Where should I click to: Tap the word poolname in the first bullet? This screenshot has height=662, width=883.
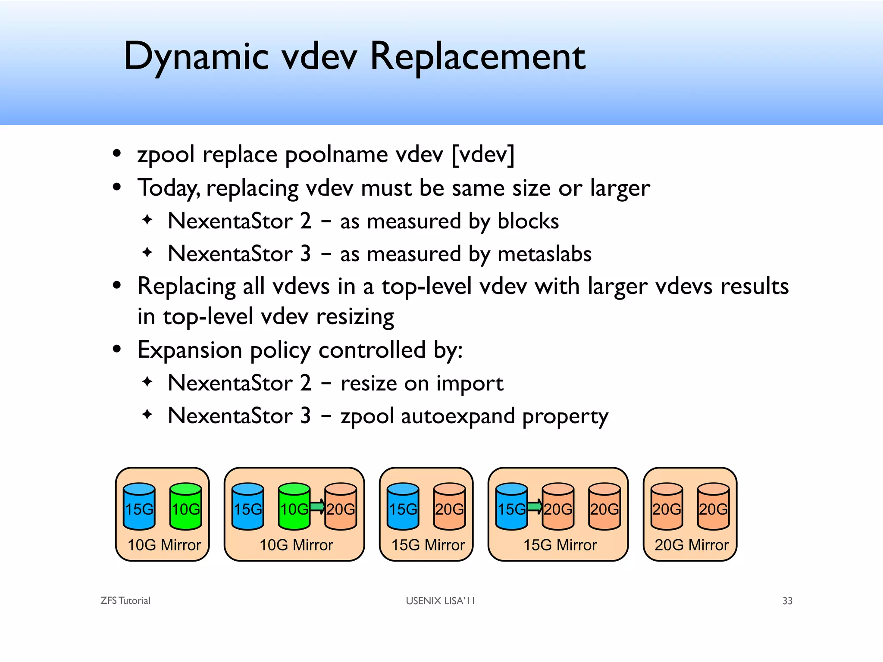pyautogui.click(x=336, y=154)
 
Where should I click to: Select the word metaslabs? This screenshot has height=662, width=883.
pyautogui.click(x=544, y=254)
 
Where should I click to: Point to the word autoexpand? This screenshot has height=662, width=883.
pyautogui.click(x=457, y=416)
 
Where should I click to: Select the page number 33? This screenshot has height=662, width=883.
pyautogui.click(x=787, y=601)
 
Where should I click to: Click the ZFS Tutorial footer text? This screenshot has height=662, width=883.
pyautogui.click(x=125, y=601)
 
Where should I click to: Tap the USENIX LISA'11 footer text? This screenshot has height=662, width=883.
pyautogui.click(x=440, y=601)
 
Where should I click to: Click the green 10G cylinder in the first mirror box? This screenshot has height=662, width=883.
pyautogui.click(x=185, y=507)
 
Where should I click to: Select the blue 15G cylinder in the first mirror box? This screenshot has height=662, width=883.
pyautogui.click(x=139, y=507)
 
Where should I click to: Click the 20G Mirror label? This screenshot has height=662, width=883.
pyautogui.click(x=691, y=545)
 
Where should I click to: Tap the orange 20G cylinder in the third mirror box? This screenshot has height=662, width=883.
pyautogui.click(x=449, y=507)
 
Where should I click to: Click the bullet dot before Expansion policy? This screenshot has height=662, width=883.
pyautogui.click(x=116, y=349)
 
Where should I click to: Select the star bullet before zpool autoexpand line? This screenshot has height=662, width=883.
pyautogui.click(x=147, y=415)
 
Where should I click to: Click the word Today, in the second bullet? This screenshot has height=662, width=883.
pyautogui.click(x=169, y=188)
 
